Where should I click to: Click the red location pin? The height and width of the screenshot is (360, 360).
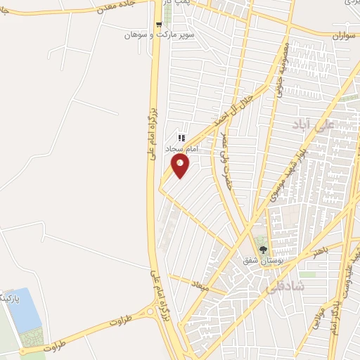point(180,166)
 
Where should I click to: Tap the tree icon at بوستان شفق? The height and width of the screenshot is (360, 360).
point(264,249)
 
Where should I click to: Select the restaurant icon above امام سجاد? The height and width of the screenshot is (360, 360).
point(181,139)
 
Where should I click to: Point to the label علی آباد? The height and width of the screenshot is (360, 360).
point(314,124)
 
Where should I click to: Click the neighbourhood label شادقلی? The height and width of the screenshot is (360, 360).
point(281,286)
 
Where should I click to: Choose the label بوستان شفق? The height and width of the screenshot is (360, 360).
point(262,261)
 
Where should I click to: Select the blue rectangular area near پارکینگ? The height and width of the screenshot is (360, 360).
point(27,311)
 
